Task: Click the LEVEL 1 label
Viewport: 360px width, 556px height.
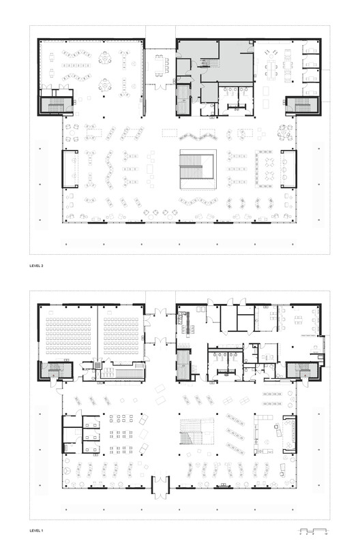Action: coord(39,529)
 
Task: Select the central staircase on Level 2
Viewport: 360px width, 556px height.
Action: coord(196,169)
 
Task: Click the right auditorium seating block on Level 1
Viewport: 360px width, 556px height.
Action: coord(123,334)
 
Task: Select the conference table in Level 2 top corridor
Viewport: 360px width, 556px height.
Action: coord(161,69)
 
